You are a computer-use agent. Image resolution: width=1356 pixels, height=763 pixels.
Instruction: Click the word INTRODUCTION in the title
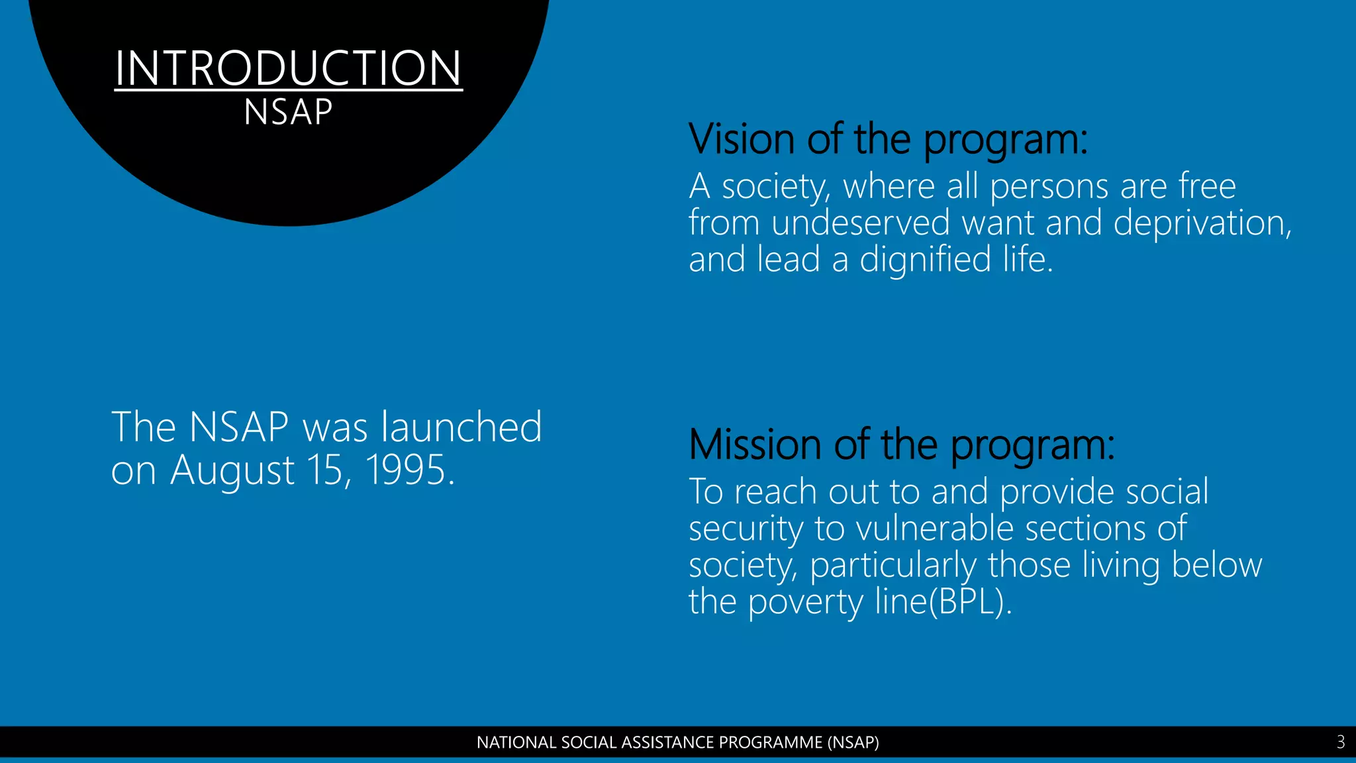(x=288, y=68)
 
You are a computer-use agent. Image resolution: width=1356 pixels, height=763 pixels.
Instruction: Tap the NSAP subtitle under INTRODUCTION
(x=288, y=112)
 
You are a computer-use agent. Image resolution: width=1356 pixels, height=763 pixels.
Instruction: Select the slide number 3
(x=1340, y=742)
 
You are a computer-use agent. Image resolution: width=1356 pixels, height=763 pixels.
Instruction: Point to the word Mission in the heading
(x=755, y=444)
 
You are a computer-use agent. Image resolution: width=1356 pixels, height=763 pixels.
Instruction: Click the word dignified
(x=925, y=259)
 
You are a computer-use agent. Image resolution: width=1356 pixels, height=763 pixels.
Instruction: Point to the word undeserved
(x=861, y=223)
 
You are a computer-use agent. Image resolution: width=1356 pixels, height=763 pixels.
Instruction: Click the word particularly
(x=893, y=566)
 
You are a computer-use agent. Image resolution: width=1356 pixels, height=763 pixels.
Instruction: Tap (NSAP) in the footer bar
(x=853, y=742)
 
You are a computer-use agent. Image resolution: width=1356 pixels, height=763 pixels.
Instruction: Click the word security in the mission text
(x=746, y=529)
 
